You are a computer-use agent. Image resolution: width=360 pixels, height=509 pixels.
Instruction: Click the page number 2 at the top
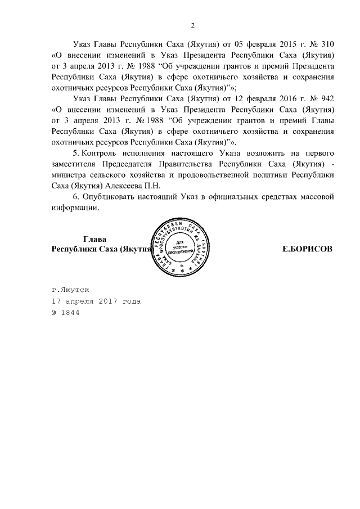click(x=193, y=25)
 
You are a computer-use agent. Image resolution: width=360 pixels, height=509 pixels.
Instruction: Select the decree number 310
click(x=328, y=44)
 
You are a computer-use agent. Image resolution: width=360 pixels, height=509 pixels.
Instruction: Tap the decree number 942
click(x=327, y=98)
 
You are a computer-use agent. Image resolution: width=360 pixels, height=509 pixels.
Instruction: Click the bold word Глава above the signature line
click(x=95, y=238)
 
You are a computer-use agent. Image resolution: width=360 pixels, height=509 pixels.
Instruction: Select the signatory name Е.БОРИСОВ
click(x=308, y=249)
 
